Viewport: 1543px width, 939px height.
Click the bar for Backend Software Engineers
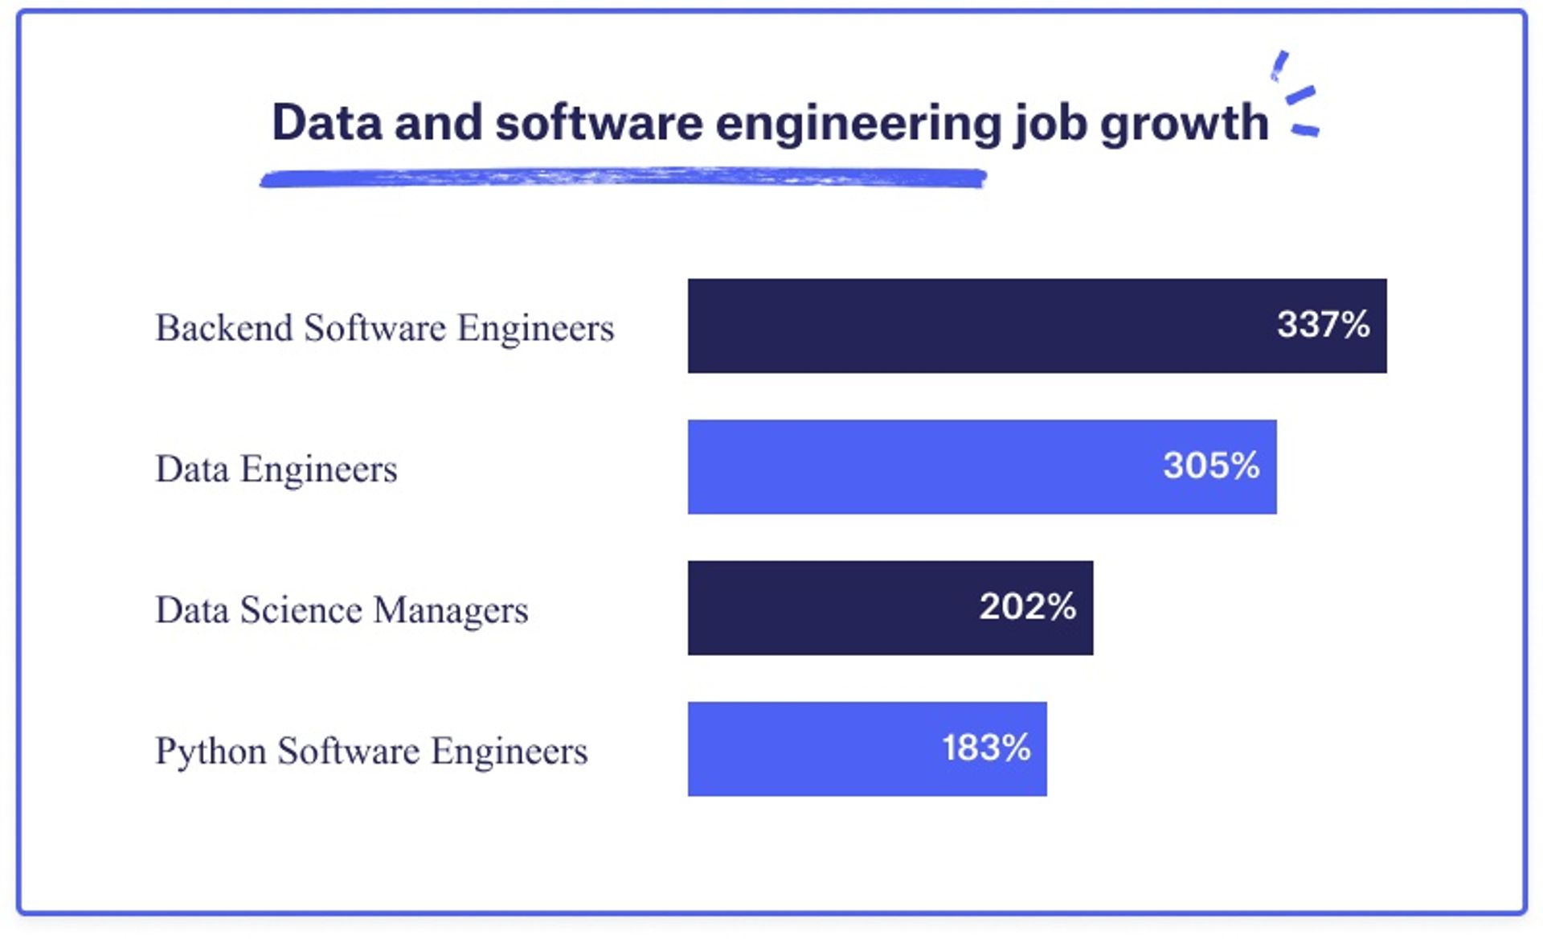pyautogui.click(x=964, y=326)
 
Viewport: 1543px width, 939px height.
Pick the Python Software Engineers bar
pyautogui.click(x=804, y=749)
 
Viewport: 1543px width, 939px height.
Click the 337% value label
pyautogui.click(x=1323, y=325)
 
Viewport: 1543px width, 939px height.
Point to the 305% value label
pyautogui.click(x=1211, y=465)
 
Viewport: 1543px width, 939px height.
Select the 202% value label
pyautogui.click(x=1027, y=607)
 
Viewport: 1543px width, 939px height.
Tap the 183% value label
pyautogui.click(x=986, y=748)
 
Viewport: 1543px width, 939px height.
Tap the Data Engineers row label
pyautogui.click(x=276, y=469)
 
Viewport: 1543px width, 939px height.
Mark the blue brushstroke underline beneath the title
pyautogui.click(x=623, y=178)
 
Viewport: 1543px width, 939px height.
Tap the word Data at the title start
pyautogui.click(x=326, y=123)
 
